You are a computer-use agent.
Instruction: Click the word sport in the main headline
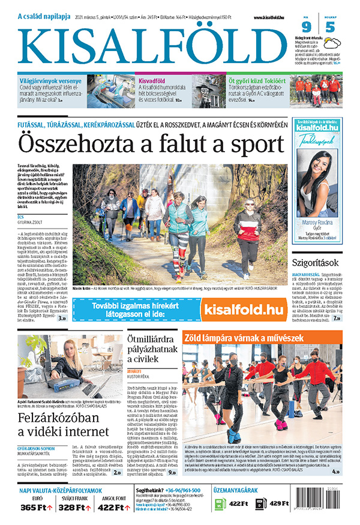[250, 145]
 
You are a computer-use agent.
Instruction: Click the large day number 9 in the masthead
[305, 27]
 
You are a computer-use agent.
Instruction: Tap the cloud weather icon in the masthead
[329, 26]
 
